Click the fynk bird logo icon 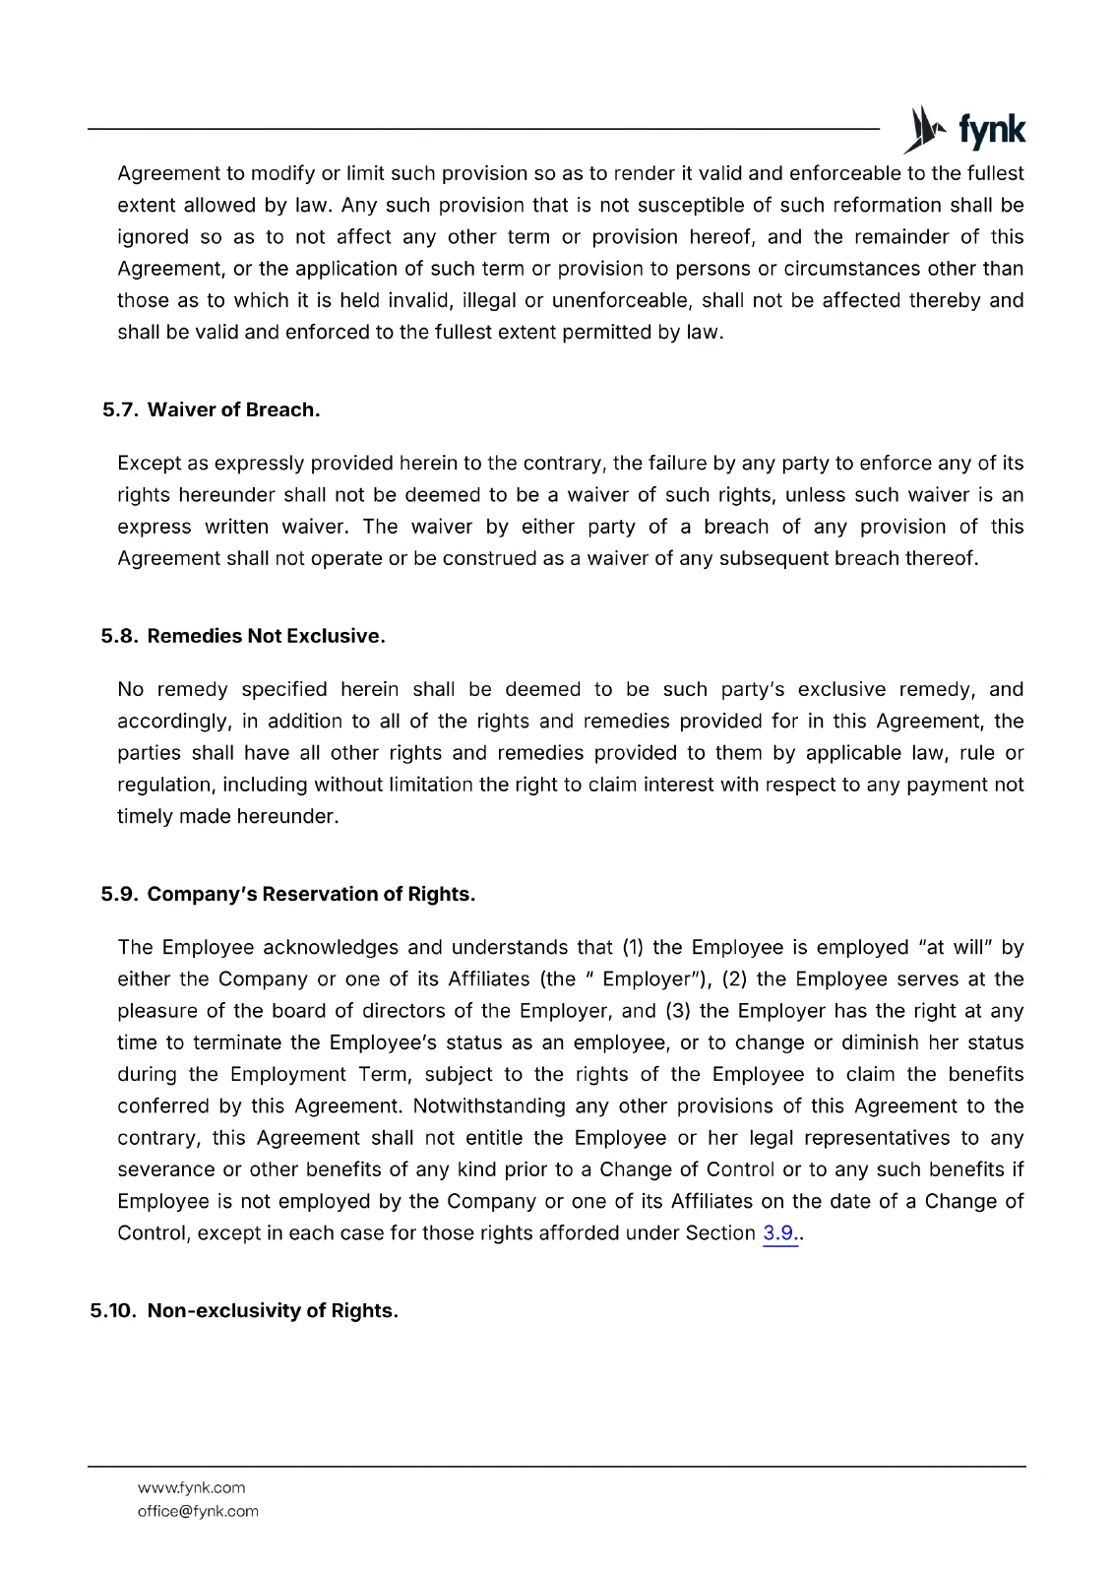pyautogui.click(x=923, y=130)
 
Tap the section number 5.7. pyautogui.click(x=120, y=409)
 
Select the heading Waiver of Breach pyautogui.click(x=233, y=409)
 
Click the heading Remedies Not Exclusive pyautogui.click(x=266, y=636)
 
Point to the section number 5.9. pyautogui.click(x=119, y=894)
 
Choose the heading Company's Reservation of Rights pyautogui.click(x=311, y=894)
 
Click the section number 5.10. pyautogui.click(x=113, y=1310)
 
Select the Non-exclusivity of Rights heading pyautogui.click(x=273, y=1310)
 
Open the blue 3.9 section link pyautogui.click(x=780, y=1233)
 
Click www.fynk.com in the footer pyautogui.click(x=191, y=1487)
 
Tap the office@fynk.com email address pyautogui.click(x=198, y=1511)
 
